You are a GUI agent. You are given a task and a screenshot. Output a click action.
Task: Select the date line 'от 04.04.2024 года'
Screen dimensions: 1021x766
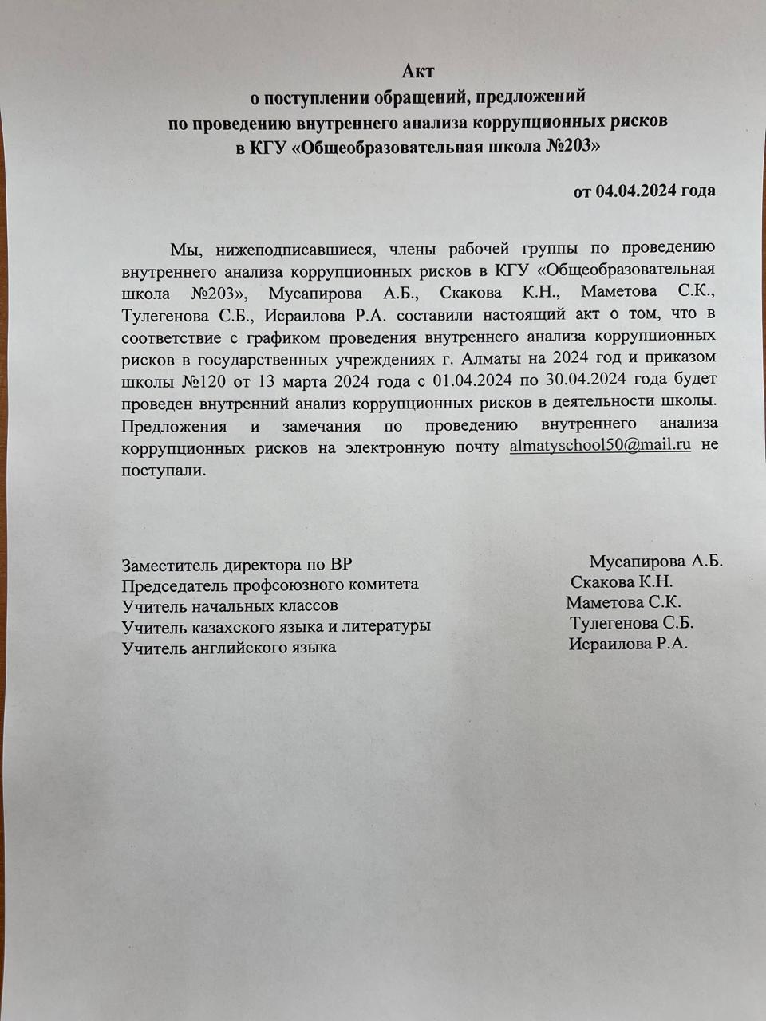point(644,191)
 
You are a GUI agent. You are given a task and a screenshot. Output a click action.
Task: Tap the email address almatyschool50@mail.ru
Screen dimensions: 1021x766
point(600,446)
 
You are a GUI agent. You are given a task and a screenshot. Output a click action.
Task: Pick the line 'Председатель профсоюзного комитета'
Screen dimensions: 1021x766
point(270,585)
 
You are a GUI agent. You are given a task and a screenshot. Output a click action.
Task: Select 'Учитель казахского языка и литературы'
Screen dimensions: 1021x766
point(276,627)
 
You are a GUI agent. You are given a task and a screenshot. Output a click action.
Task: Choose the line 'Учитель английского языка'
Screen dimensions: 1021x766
point(228,648)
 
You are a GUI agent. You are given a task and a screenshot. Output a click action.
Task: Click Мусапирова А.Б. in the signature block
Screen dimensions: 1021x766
point(656,561)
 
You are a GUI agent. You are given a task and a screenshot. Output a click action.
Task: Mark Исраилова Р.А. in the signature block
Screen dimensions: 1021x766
point(628,644)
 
